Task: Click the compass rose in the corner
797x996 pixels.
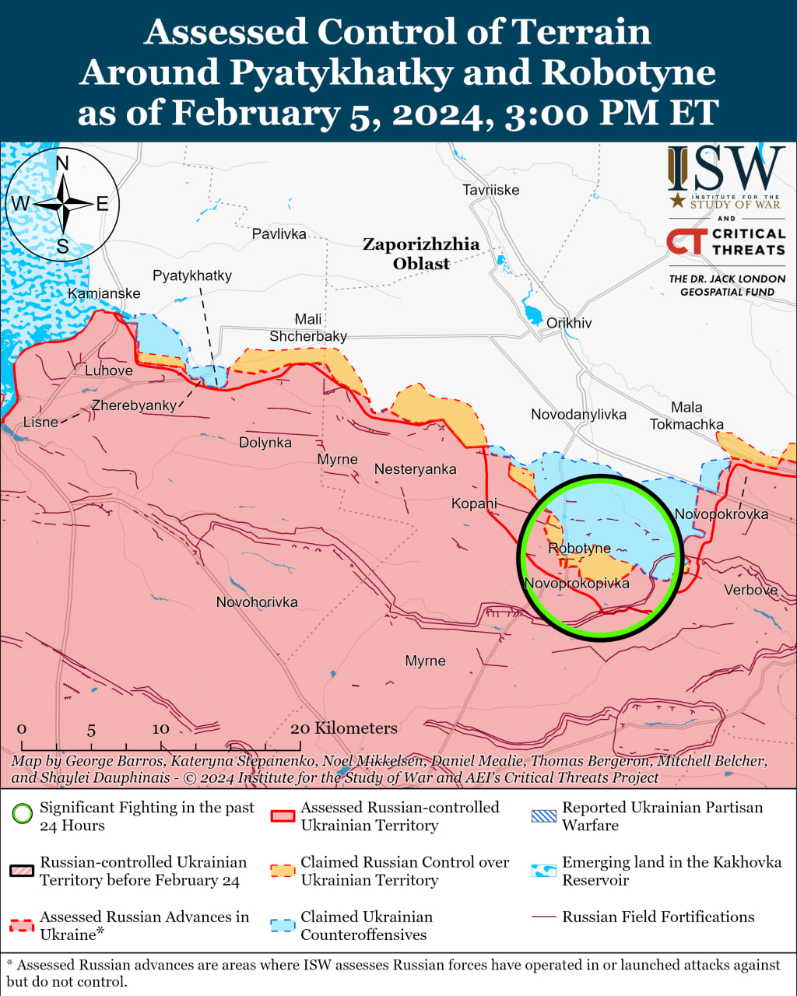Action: [x=62, y=205]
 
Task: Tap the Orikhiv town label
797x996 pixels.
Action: [x=569, y=323]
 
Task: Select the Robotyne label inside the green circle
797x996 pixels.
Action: [x=579, y=549]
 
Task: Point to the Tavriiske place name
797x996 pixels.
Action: [x=490, y=190]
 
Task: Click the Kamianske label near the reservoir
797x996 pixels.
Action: [x=104, y=293]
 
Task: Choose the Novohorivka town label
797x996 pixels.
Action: [x=257, y=602]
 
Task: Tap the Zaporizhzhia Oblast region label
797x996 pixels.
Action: [x=421, y=254]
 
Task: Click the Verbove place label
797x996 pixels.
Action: [x=750, y=590]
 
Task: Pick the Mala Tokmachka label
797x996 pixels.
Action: [x=686, y=416]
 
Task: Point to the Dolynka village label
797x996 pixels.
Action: [x=265, y=443]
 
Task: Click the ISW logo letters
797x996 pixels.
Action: [x=726, y=170]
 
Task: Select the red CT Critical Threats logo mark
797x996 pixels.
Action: [x=686, y=241]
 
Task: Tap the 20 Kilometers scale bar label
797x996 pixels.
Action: [x=343, y=728]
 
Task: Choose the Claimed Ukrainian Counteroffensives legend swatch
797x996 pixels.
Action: [x=283, y=926]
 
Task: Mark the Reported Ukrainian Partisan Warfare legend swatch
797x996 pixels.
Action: [x=544, y=816]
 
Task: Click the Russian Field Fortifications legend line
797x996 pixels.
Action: [x=544, y=917]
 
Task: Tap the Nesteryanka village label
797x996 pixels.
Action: [x=415, y=469]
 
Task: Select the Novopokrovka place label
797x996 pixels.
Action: [x=721, y=514]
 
